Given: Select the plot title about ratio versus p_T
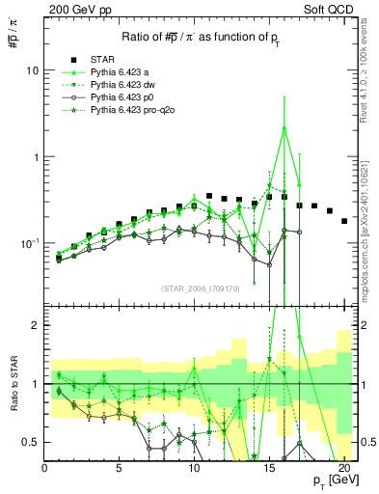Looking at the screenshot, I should pyautogui.click(x=202, y=37).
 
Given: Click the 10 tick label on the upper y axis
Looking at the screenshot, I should pyautogui.click(x=32, y=70).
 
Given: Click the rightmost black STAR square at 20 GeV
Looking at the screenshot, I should pyautogui.click(x=344, y=221).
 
